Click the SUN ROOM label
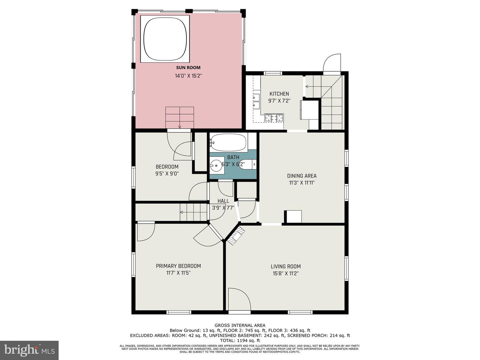coord(188,68)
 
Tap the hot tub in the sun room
coord(165,38)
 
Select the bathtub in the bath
coord(229,142)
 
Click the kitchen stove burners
coord(274,118)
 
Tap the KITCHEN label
coord(279,94)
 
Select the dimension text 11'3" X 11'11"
coord(302,183)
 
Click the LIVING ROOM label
coord(285,266)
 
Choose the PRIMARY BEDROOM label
coord(178,266)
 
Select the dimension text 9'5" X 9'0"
coord(167,173)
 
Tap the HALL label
coord(223,201)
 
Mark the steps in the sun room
coord(180,117)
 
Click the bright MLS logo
coord(29,350)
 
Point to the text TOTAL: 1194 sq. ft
coord(240,341)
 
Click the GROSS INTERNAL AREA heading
coord(240,325)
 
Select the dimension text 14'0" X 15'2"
coord(188,76)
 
